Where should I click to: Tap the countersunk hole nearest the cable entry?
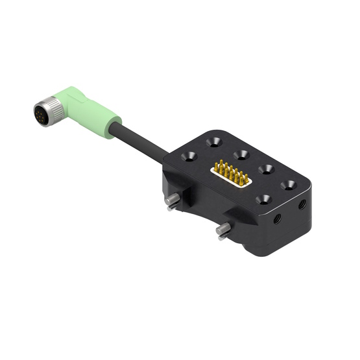[x=190, y=156]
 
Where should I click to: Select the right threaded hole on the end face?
[x=302, y=204]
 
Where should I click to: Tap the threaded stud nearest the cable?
[x=173, y=200]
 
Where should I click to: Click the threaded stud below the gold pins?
[x=223, y=230]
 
